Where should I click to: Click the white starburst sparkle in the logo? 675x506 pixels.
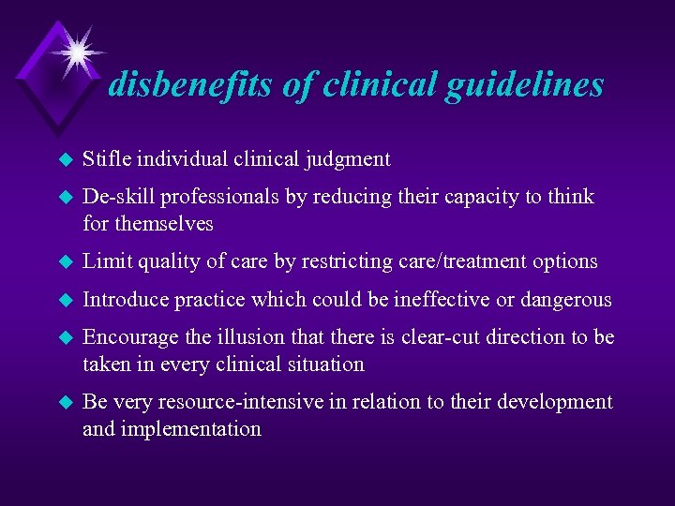75,51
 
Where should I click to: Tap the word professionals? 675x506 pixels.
217,197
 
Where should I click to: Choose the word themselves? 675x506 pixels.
163,224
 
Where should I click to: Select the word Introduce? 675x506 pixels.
124,300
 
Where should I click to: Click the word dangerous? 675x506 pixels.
571,300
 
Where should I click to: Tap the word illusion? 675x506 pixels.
230,337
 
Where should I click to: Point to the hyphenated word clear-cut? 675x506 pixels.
440,337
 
